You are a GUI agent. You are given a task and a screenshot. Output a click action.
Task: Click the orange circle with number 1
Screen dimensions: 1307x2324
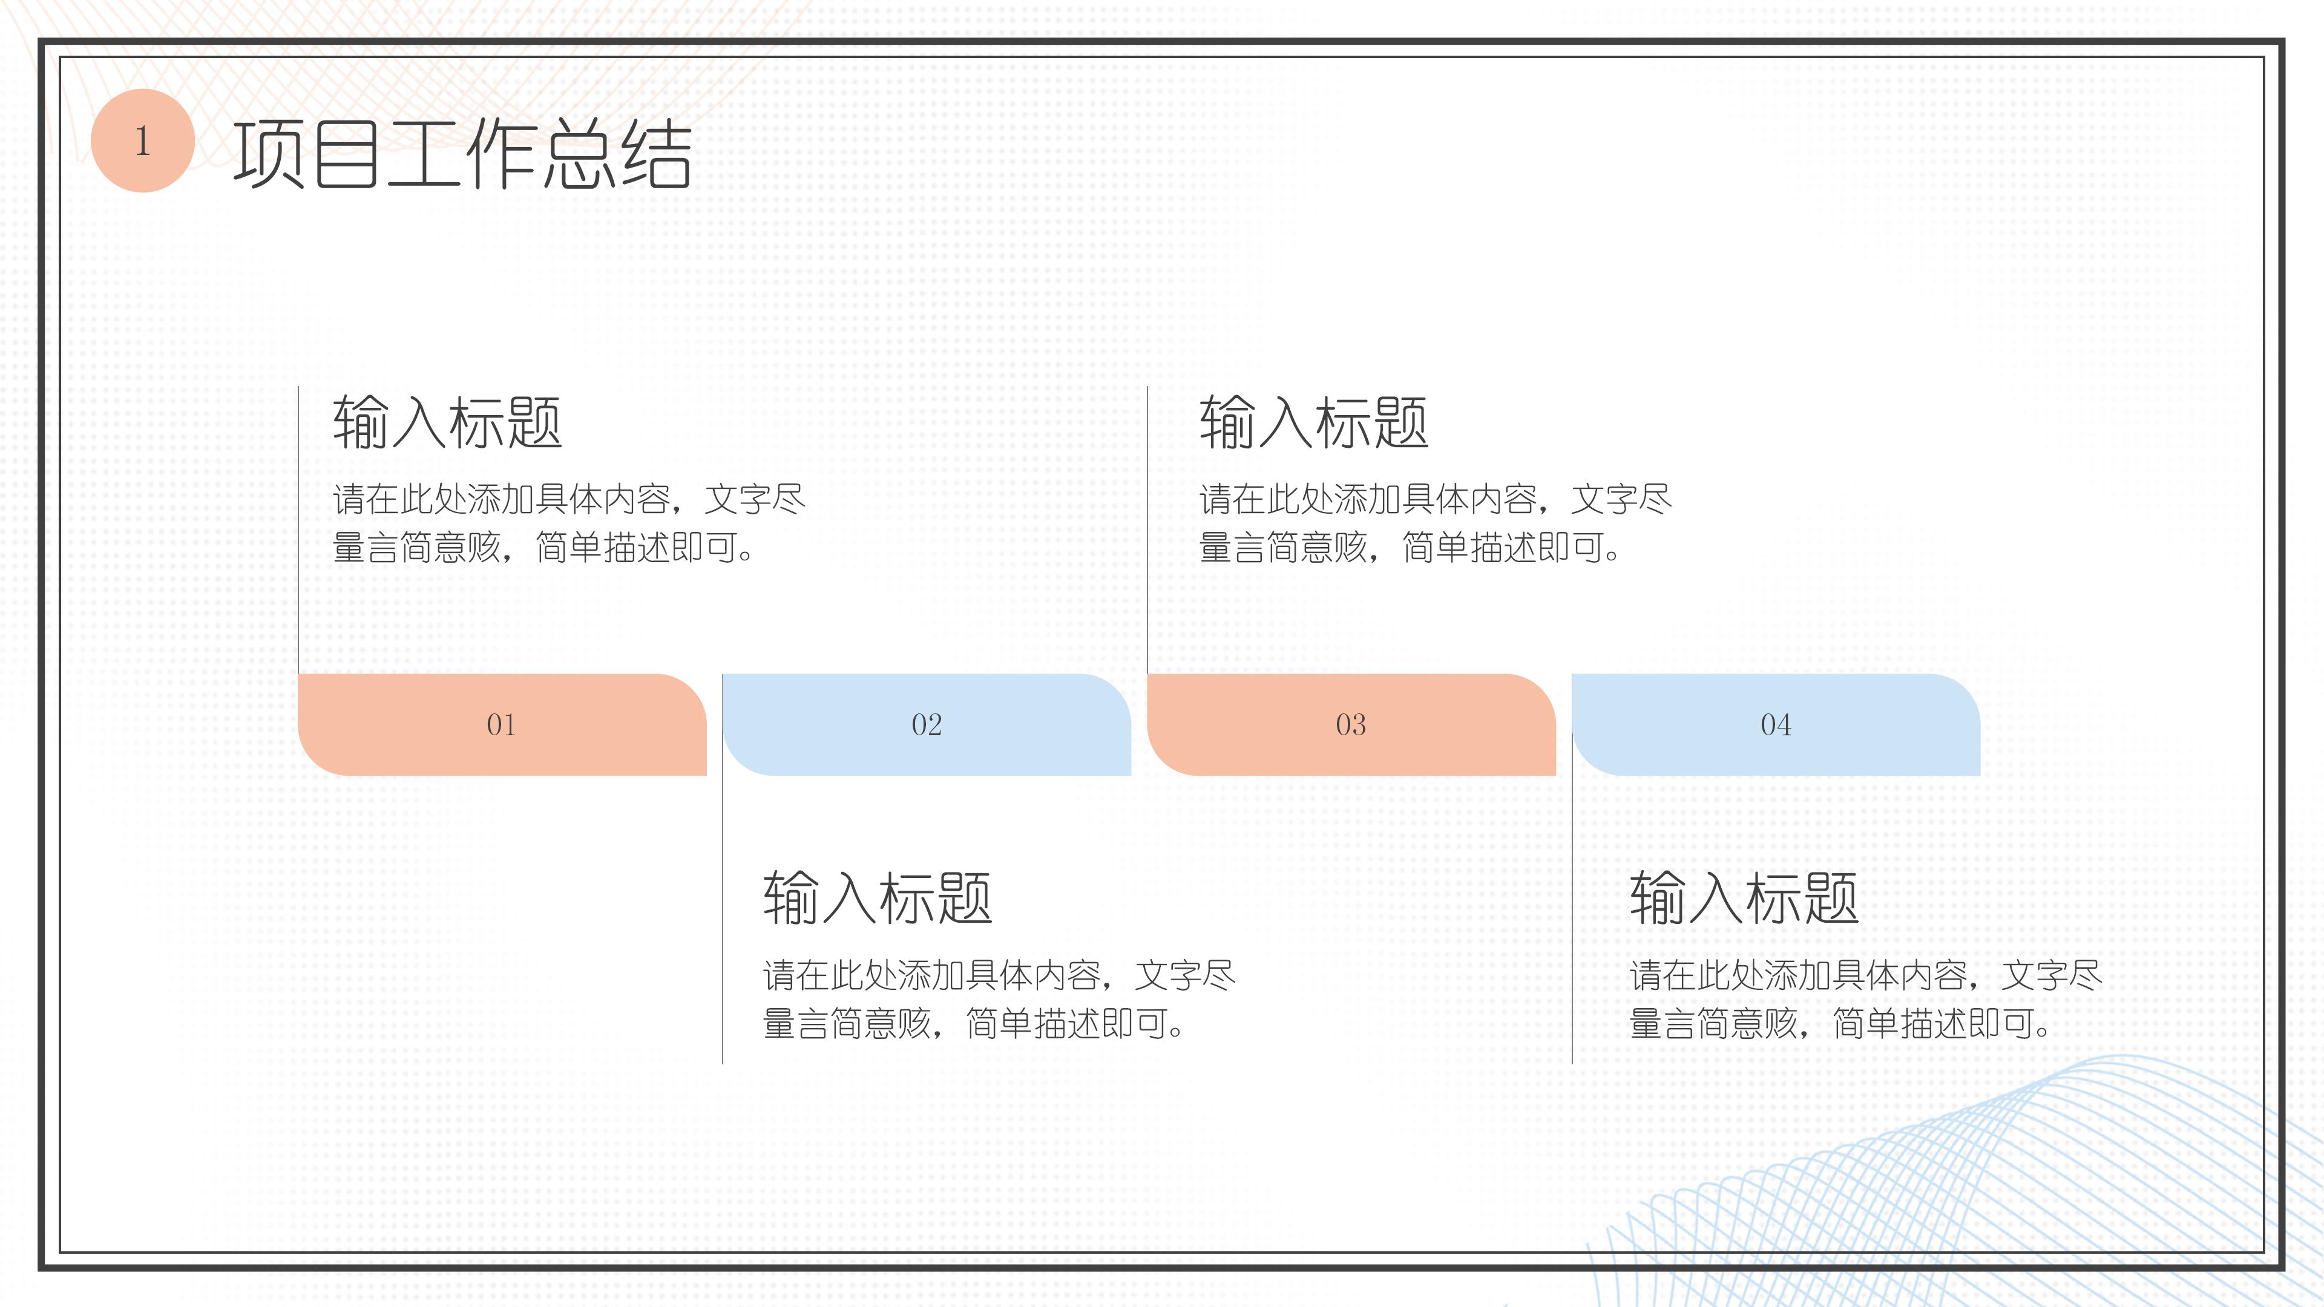click(143, 141)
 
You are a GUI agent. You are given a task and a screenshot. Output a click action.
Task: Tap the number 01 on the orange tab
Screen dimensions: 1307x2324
click(502, 724)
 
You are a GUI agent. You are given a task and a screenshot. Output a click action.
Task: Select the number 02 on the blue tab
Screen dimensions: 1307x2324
click(927, 724)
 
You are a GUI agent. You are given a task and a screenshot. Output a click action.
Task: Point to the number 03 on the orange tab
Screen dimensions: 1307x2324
click(1351, 724)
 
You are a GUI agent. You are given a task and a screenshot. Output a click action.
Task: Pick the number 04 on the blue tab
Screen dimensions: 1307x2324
click(1776, 724)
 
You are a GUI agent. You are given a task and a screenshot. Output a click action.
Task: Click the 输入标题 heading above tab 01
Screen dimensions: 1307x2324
click(447, 422)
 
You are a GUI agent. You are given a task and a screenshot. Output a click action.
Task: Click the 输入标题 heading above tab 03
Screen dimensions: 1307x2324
click(1313, 422)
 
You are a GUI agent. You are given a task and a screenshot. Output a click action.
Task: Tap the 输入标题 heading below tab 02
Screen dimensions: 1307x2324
click(878, 899)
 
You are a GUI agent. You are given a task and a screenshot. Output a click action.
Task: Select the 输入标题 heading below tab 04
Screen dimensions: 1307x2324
click(1744, 899)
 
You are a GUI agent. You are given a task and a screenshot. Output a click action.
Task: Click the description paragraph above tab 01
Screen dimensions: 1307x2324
click(568, 523)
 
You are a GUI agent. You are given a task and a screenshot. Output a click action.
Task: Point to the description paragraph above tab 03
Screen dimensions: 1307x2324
click(1434, 523)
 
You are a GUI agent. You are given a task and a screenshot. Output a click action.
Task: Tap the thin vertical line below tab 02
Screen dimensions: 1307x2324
click(723, 920)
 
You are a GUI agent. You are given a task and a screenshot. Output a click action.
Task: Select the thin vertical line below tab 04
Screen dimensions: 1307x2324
click(1572, 920)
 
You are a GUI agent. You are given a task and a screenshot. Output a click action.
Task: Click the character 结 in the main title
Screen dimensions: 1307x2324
click(656, 154)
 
